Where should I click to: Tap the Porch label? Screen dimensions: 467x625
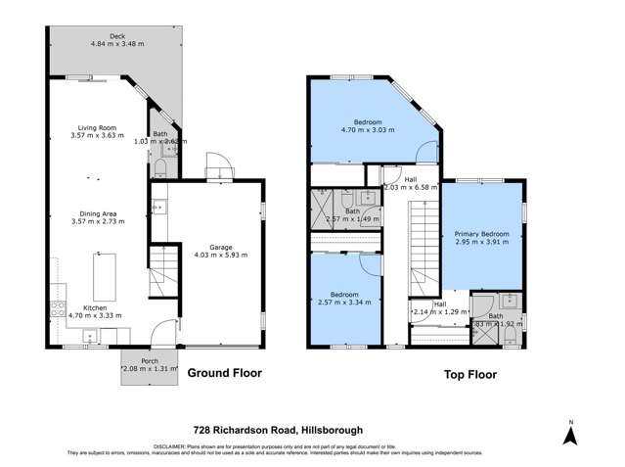tap(150, 361)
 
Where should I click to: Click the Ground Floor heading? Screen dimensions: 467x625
tap(221, 374)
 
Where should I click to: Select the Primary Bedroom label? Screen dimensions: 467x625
tap(488, 234)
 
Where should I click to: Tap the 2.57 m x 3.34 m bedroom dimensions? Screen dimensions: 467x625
tap(339, 302)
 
